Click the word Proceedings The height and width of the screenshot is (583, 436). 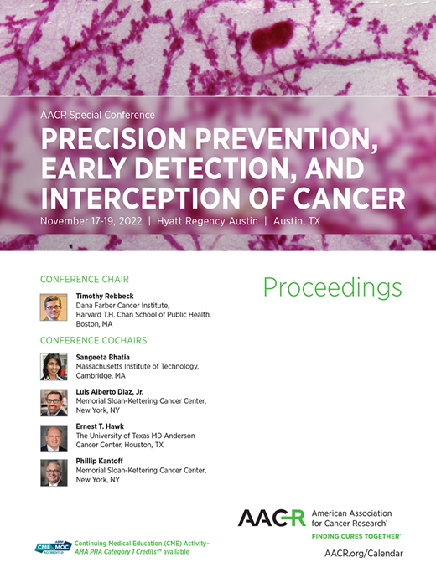pyautogui.click(x=332, y=287)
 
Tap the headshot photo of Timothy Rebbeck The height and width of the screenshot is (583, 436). pyautogui.click(x=54, y=307)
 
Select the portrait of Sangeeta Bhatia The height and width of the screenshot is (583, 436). pyautogui.click(x=54, y=366)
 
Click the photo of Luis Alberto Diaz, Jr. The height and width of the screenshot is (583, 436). pyautogui.click(x=54, y=402)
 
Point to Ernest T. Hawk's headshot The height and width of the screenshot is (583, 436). pyautogui.click(x=54, y=437)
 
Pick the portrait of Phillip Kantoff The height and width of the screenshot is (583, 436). pyautogui.click(x=54, y=472)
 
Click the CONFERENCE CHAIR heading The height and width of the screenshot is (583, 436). pyautogui.click(x=84, y=279)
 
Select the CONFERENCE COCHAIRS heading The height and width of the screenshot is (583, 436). pyautogui.click(x=93, y=340)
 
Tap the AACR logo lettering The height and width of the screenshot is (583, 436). pyautogui.click(x=271, y=518)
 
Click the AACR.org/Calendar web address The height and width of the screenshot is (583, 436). pyautogui.click(x=363, y=554)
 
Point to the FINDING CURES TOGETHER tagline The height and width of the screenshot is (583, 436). pyautogui.click(x=356, y=534)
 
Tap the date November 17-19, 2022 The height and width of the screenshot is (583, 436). pyautogui.click(x=92, y=221)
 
